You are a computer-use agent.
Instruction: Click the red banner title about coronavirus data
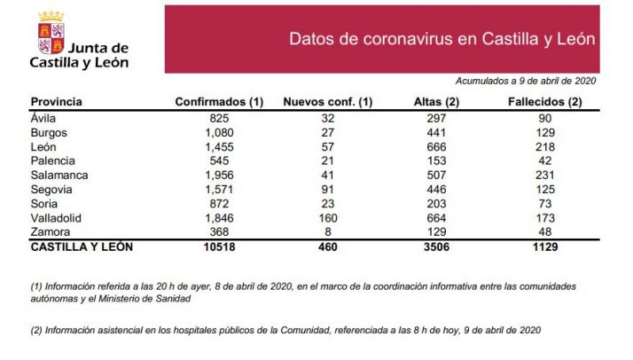442,40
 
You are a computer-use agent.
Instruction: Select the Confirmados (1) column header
220,101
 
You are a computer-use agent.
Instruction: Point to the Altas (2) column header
435,101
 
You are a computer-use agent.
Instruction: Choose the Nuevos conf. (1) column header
327,101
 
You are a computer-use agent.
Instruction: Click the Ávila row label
43,118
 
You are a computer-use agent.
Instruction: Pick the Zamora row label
48,232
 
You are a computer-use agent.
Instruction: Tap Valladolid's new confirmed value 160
327,218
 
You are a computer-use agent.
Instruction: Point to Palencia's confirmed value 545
220,161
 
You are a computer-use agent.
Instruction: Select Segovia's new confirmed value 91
327,190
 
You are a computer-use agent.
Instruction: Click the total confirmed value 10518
220,247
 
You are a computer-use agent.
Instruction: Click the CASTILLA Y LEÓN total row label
82,247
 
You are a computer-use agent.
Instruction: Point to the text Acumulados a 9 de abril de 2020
526,81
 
